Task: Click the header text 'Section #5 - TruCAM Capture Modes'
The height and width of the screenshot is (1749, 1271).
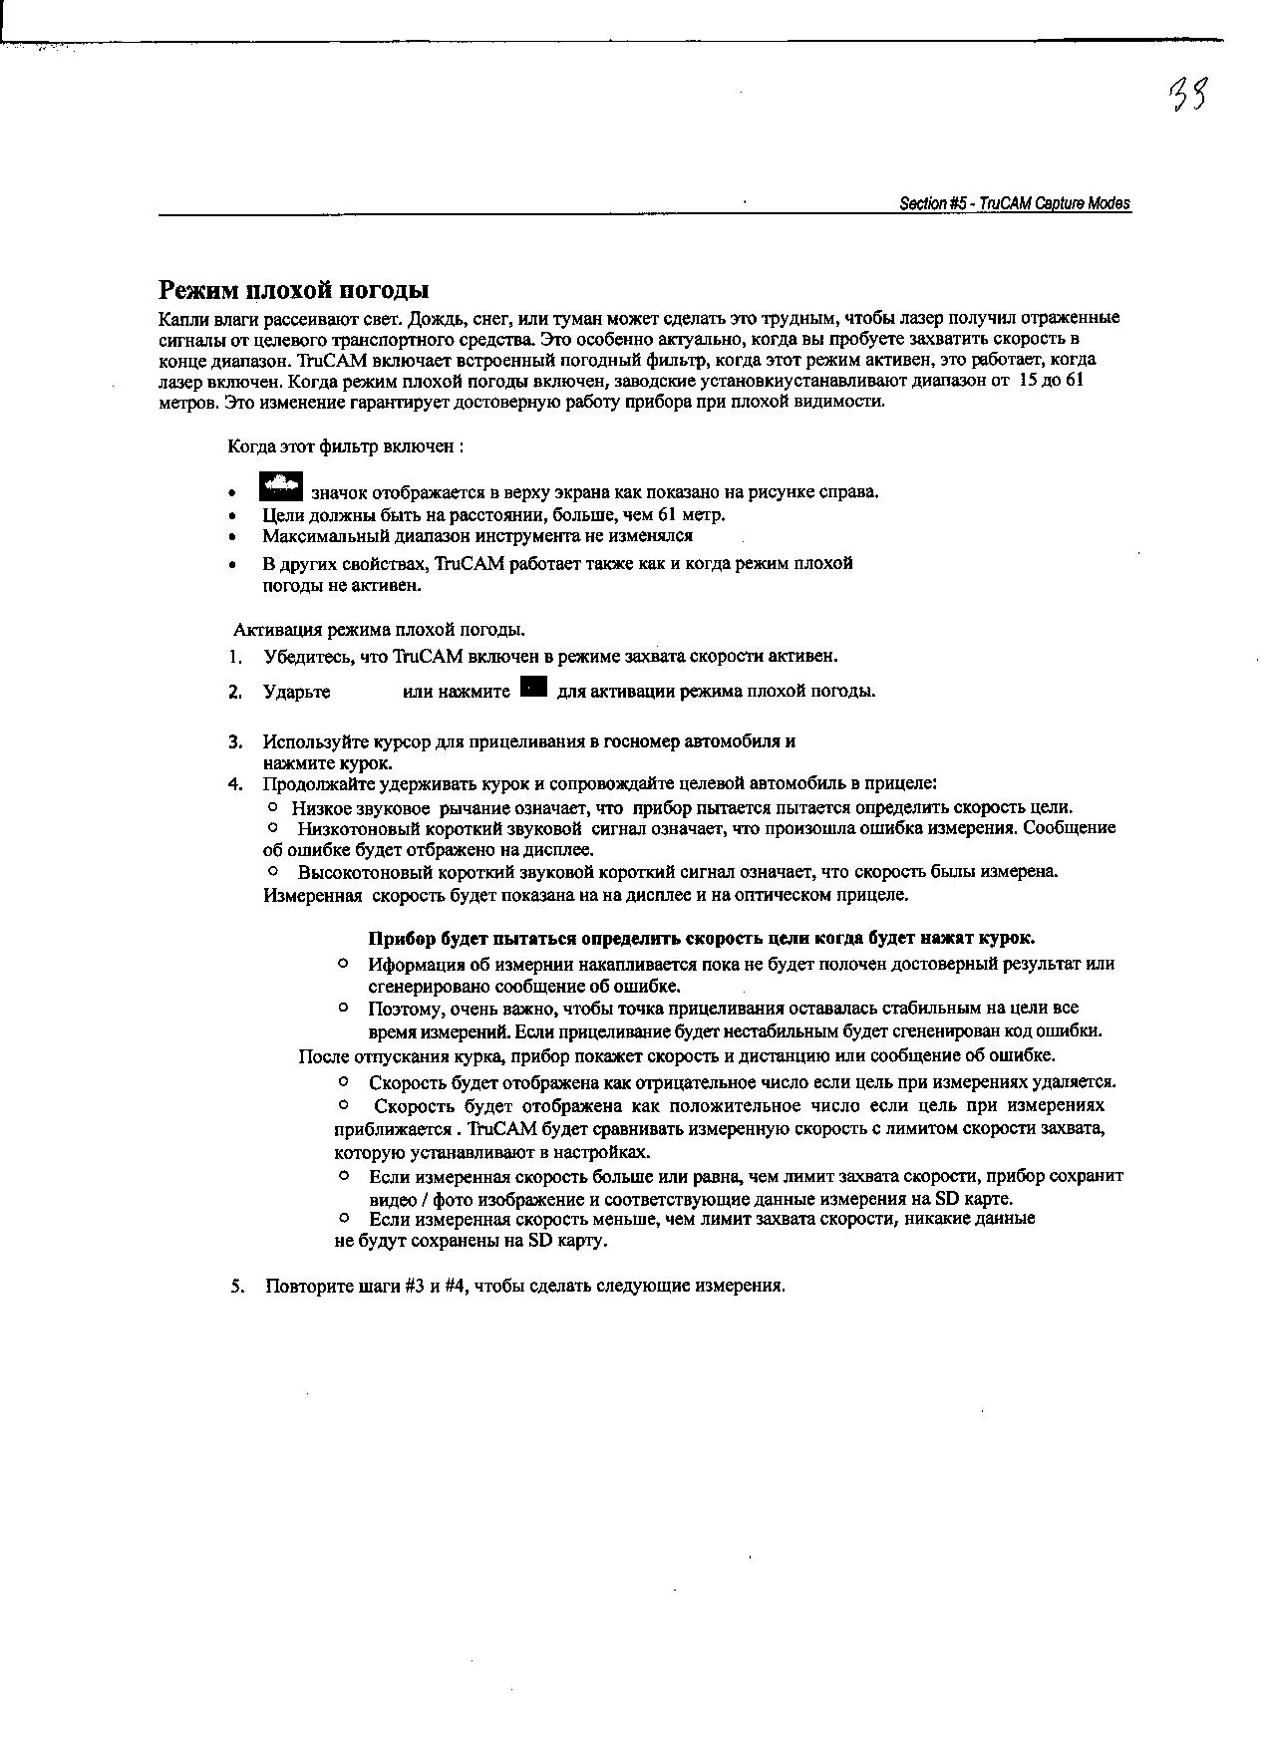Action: click(1015, 203)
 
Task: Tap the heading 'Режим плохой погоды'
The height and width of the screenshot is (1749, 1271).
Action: click(294, 290)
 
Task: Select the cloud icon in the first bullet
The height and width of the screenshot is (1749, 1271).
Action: click(280, 486)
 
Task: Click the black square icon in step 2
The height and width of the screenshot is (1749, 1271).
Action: click(533, 687)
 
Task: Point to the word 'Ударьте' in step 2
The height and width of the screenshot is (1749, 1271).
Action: click(296, 692)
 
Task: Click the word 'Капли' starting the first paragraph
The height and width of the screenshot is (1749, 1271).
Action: click(180, 318)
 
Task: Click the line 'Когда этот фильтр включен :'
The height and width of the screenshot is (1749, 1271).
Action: click(345, 446)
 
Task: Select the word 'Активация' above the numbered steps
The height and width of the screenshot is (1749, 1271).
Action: click(269, 630)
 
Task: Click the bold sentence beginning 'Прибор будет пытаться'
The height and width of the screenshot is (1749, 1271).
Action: click(701, 938)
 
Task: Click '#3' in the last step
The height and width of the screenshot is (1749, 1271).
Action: click(416, 1286)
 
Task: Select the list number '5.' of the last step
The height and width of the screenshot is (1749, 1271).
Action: click(237, 1286)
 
